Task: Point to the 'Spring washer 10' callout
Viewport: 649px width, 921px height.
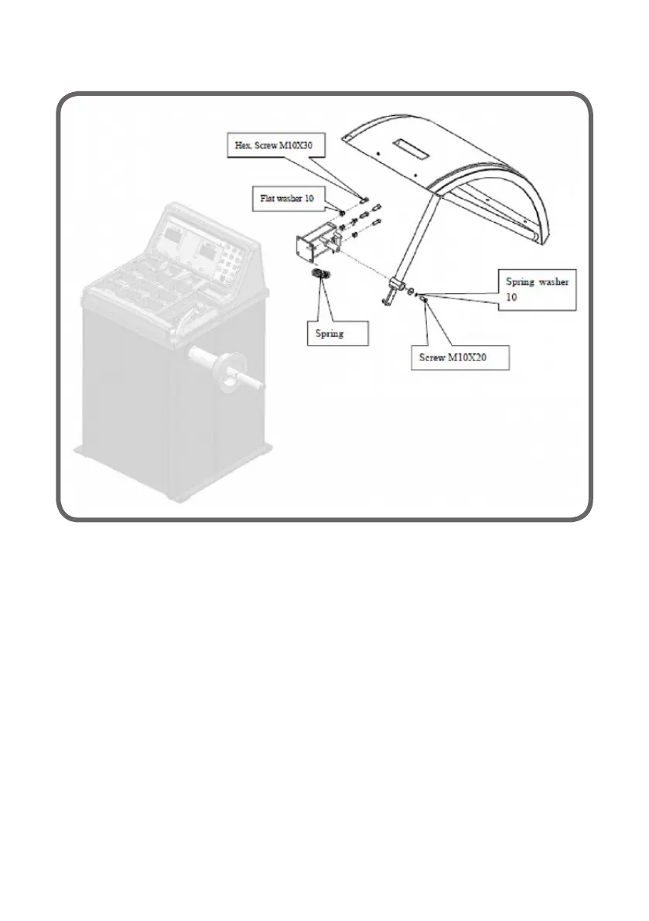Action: [x=537, y=290]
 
